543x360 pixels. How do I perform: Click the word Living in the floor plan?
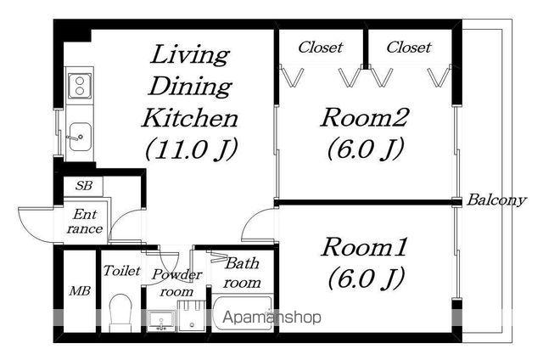point(190,56)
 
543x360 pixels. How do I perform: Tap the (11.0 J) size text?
point(190,149)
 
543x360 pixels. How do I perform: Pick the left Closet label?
point(320,48)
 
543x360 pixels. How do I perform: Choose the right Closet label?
point(409,48)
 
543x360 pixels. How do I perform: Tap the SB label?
point(83,185)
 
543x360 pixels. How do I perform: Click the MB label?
point(79,291)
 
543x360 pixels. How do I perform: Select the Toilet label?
point(121,272)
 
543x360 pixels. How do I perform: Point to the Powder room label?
point(177,282)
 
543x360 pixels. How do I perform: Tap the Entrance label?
point(86,222)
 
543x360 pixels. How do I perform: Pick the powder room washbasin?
point(162,319)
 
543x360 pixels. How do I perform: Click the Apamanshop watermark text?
point(271,318)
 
